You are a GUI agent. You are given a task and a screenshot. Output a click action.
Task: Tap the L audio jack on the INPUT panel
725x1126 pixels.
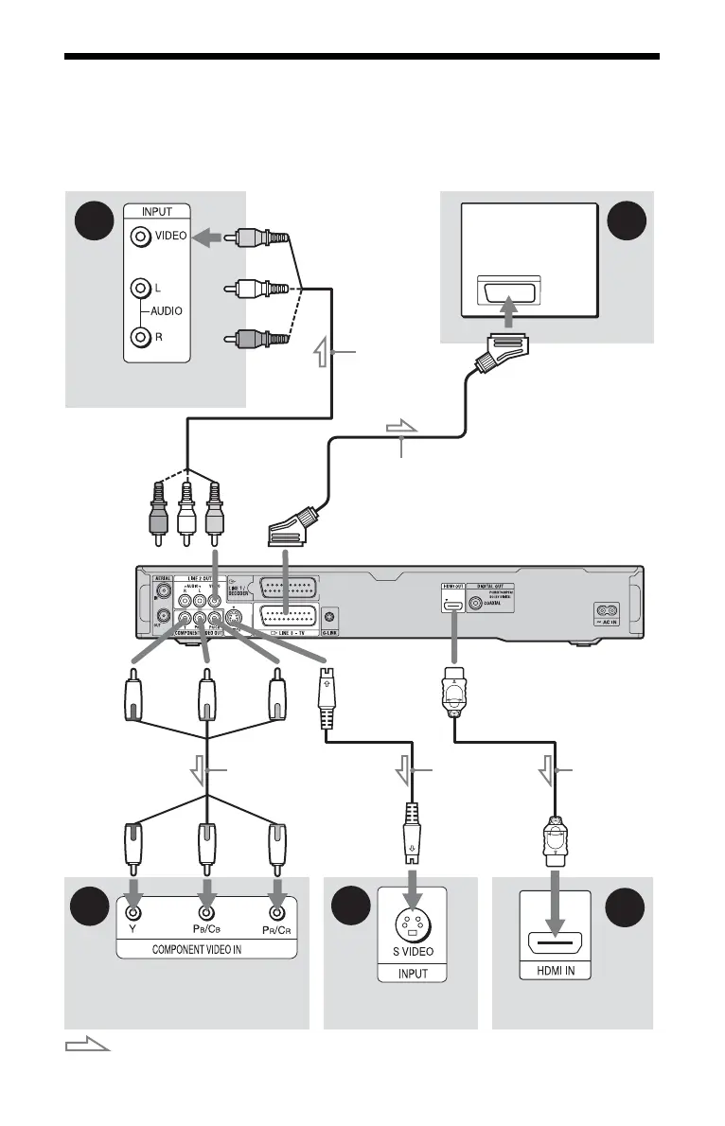point(141,286)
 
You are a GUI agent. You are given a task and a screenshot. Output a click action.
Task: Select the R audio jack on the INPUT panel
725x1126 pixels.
point(141,335)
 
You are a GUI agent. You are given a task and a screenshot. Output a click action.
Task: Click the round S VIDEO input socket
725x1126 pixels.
point(412,922)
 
